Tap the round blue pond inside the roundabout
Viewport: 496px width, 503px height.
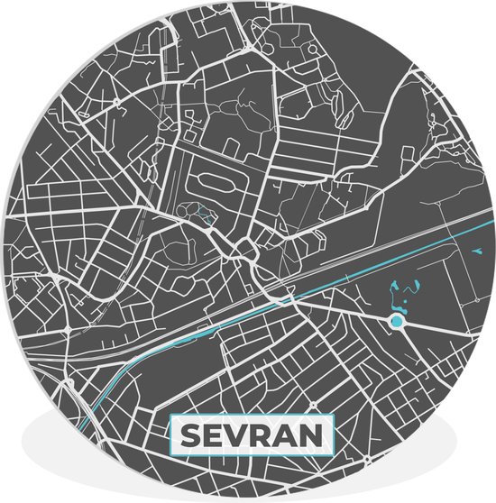coord(397,320)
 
